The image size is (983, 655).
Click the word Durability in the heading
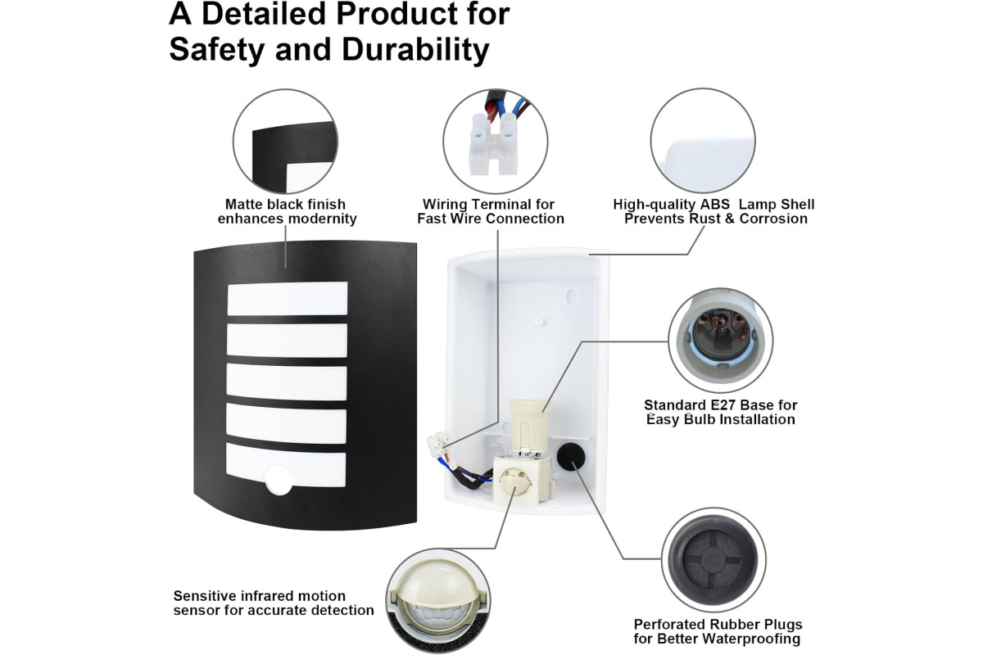pos(415,50)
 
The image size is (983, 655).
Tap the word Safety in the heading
pos(217,50)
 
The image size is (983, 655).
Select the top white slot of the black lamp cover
pos(288,298)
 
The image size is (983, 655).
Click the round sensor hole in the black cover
pos(279,480)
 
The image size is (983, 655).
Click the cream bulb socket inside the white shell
pos(526,425)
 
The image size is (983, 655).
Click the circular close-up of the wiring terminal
pos(496,142)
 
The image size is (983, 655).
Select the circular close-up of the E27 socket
pos(721,341)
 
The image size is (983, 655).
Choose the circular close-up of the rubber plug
pos(714,560)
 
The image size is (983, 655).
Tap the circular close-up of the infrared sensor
pos(438,601)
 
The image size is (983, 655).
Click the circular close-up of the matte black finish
pos(285,142)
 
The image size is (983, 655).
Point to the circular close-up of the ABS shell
pos(703,140)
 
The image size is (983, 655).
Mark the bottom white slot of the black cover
pos(286,465)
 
